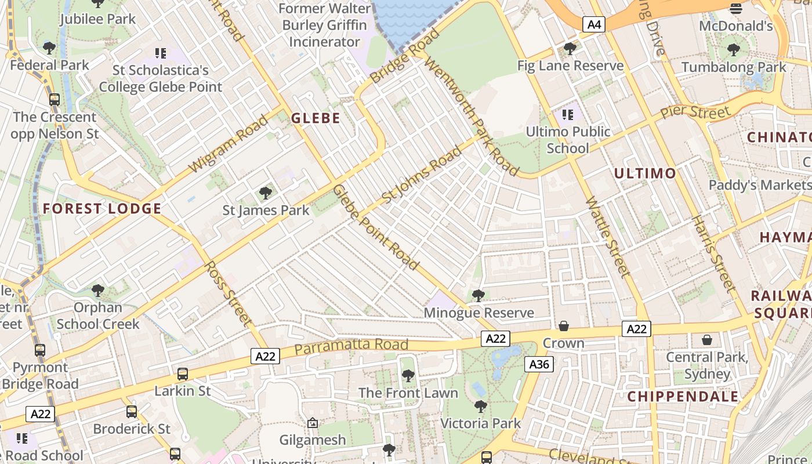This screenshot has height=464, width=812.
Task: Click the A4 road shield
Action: (x=594, y=24)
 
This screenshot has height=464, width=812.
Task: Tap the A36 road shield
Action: (x=539, y=364)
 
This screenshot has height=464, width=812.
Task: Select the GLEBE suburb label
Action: (x=316, y=118)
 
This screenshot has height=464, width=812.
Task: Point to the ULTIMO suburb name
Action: (x=645, y=173)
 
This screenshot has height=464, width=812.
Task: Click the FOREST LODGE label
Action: (x=102, y=209)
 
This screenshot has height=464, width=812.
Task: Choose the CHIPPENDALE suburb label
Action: (x=683, y=397)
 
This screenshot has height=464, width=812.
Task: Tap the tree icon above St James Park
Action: (x=266, y=193)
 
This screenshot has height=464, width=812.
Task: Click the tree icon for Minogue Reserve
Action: (x=478, y=296)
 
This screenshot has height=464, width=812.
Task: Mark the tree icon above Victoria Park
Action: (x=480, y=406)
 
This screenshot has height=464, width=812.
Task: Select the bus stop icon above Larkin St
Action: (x=183, y=374)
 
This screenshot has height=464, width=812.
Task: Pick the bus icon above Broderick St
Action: (x=132, y=412)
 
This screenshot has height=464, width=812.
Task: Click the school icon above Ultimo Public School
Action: (x=567, y=115)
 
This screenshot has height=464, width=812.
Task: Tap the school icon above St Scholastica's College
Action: (x=161, y=53)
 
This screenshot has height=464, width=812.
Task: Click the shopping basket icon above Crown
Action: (x=563, y=327)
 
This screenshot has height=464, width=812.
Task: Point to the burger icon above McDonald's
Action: (x=736, y=8)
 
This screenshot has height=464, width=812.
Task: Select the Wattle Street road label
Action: (x=607, y=237)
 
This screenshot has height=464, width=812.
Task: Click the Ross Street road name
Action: (x=229, y=293)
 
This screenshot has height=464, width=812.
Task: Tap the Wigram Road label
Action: (x=229, y=143)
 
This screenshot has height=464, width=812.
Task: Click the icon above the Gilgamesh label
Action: (x=313, y=423)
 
